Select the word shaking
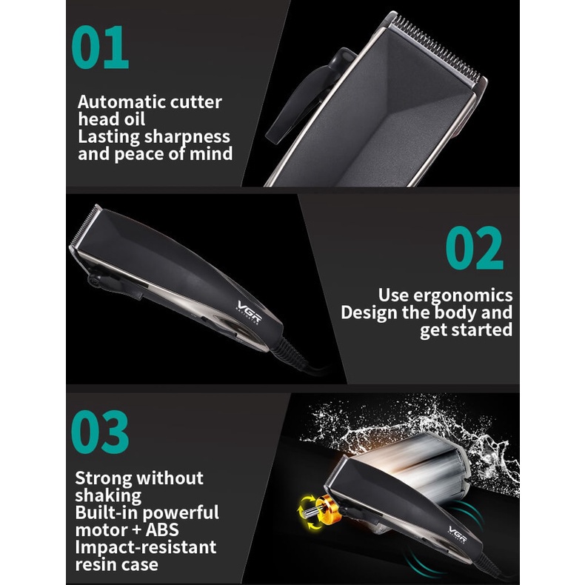(108, 495)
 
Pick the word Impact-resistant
(146, 547)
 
